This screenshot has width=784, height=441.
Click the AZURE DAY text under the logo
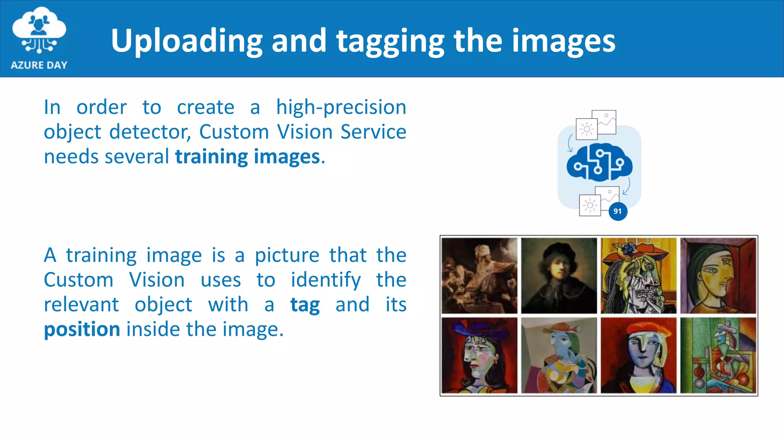tap(39, 65)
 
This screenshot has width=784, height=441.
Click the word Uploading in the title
tap(186, 41)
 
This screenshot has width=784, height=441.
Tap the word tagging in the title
tap(390, 41)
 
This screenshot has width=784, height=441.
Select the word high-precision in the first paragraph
tap(341, 108)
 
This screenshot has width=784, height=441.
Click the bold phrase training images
tap(247, 157)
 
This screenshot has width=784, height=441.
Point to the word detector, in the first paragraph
tap(150, 132)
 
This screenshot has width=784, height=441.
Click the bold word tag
tap(305, 305)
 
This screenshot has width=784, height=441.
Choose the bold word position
tap(82, 330)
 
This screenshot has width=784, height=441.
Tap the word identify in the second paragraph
tap(325, 280)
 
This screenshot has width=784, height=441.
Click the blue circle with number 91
tap(617, 211)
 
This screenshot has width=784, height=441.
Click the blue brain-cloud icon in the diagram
tap(599, 162)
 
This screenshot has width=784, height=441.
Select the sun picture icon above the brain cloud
tap(586, 129)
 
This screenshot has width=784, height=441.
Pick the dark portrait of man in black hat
tap(559, 276)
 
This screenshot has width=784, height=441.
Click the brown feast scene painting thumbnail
tap(479, 276)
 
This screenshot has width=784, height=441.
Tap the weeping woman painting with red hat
tap(638, 276)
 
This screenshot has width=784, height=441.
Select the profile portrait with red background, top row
tap(718, 276)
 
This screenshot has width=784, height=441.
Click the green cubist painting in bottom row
tap(718, 355)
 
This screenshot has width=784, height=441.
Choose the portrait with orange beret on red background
tap(638, 355)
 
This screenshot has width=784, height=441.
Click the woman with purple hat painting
tap(479, 355)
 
